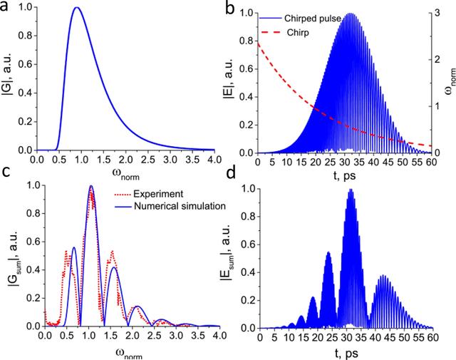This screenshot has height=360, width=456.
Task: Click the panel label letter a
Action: (x=7, y=9)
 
